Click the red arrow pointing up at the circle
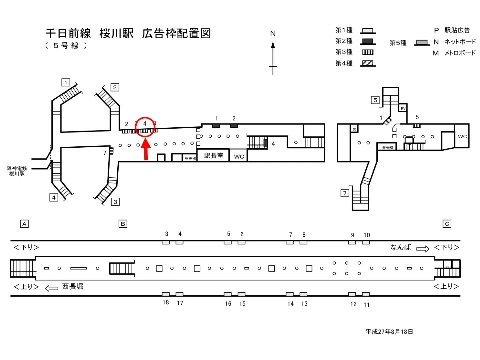click(146, 150)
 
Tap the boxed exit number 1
click(65, 82)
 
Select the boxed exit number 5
click(375, 100)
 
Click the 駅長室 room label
click(213, 156)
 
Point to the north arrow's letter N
click(273, 34)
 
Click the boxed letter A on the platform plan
click(23, 224)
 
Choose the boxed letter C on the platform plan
click(447, 224)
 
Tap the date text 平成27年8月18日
click(389, 331)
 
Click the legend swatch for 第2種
click(368, 41)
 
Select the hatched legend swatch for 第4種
click(368, 63)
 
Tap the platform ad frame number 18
click(166, 303)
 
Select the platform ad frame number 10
click(366, 235)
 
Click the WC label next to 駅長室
click(239, 156)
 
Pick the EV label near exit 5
click(403, 108)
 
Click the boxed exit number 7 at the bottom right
click(344, 193)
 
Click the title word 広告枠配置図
click(176, 34)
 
